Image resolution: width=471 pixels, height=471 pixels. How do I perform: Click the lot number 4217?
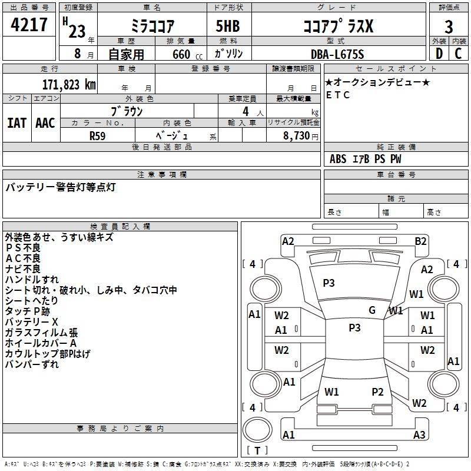click(x=29, y=25)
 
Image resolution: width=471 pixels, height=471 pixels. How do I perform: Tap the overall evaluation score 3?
click(x=449, y=26)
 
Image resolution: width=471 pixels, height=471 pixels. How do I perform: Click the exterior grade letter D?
click(x=439, y=54)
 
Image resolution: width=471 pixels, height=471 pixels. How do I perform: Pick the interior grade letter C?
click(x=458, y=54)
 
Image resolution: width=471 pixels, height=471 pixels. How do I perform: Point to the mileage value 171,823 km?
click(x=69, y=84)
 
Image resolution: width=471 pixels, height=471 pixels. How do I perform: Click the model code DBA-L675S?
click(x=337, y=54)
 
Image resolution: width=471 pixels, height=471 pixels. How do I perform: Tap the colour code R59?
click(x=98, y=135)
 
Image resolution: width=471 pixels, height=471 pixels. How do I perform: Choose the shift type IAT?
click(x=16, y=123)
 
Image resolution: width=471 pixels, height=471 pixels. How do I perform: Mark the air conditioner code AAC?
click(x=45, y=123)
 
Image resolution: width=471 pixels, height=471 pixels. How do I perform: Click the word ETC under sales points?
click(x=338, y=95)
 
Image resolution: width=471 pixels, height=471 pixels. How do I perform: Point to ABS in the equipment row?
click(x=338, y=159)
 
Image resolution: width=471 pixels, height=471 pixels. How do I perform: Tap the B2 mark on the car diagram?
click(x=420, y=241)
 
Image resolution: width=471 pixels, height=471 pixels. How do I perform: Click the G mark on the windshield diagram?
click(x=372, y=310)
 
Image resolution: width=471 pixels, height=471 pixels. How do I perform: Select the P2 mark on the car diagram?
click(x=377, y=392)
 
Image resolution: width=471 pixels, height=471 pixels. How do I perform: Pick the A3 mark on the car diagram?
click(x=419, y=435)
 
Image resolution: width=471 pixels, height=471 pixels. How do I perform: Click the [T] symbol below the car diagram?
click(x=257, y=451)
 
